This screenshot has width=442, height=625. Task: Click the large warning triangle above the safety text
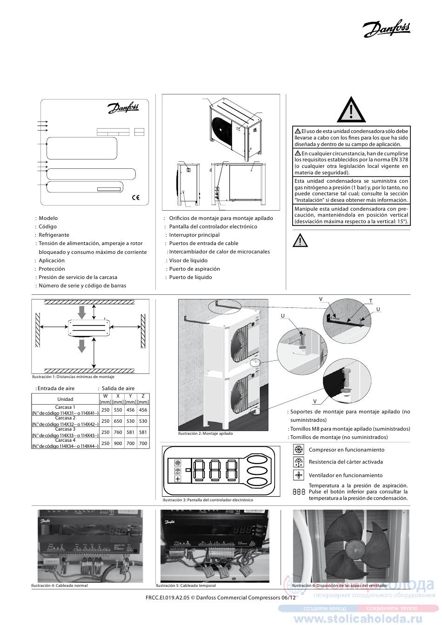coord(352,111)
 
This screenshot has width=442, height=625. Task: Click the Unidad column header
coord(65,399)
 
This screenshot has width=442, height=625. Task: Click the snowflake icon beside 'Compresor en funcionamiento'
coord(298,450)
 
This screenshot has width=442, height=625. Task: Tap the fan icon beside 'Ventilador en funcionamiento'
coord(298,475)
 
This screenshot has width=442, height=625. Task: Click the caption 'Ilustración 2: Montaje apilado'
coord(205,433)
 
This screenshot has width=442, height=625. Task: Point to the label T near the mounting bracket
coord(371,301)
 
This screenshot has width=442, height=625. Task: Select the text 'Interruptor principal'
coord(194,235)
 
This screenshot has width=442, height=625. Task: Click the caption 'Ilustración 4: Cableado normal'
coord(59,585)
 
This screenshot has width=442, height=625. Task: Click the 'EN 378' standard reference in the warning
coord(399,160)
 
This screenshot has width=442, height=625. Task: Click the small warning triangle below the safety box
coord(301,241)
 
